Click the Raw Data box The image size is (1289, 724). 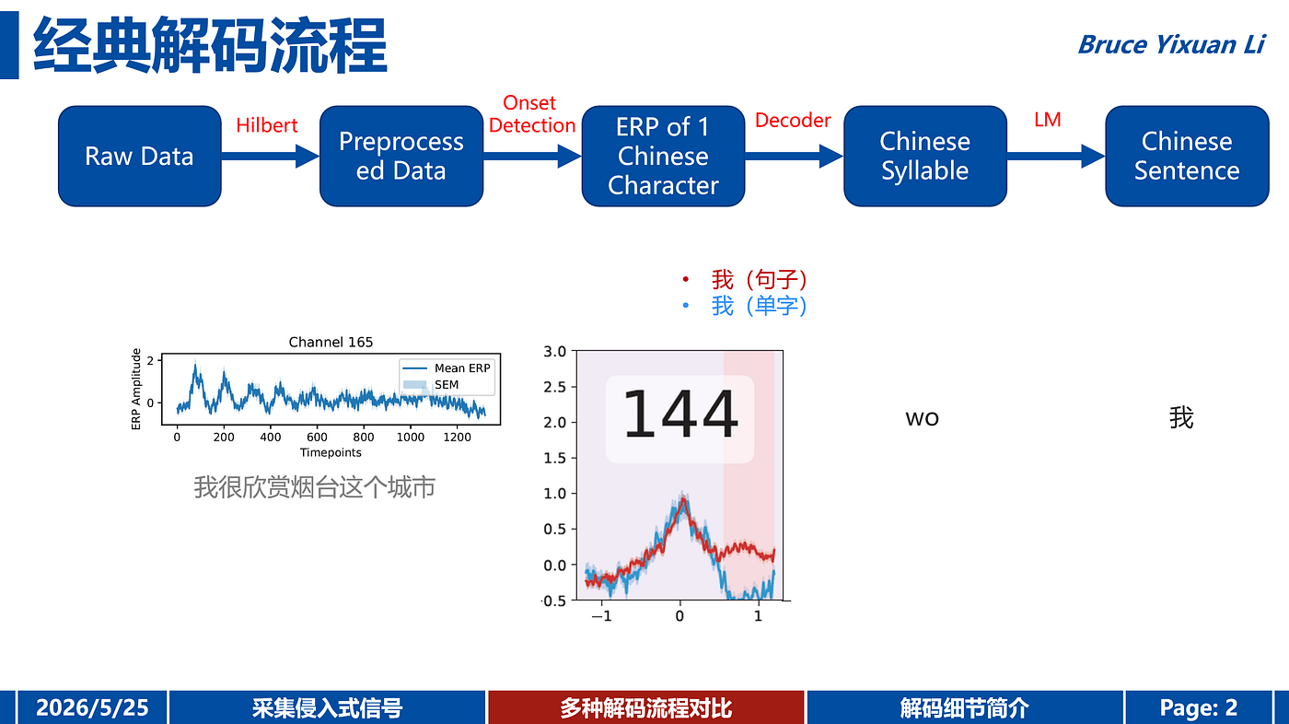[x=139, y=156]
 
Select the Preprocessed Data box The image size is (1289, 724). [x=401, y=156]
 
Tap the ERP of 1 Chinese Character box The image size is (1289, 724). [x=663, y=156]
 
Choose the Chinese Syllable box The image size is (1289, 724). [x=924, y=156]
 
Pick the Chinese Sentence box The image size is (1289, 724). [x=1187, y=156]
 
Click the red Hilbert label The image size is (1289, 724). [x=266, y=125]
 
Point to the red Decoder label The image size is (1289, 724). [x=793, y=121]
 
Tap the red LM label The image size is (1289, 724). [x=1048, y=120]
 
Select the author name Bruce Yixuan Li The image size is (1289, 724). [x=1171, y=45]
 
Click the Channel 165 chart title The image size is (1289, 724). [x=331, y=343]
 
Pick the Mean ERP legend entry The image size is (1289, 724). [x=447, y=368]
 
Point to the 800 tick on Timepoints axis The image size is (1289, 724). [x=364, y=438]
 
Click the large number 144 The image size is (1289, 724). [x=679, y=414]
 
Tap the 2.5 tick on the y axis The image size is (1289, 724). [x=554, y=387]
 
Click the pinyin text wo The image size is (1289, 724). [x=922, y=418]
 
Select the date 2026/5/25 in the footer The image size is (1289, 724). [x=92, y=707]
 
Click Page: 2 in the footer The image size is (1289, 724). [x=1198, y=707]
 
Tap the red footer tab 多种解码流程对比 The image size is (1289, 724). [x=645, y=707]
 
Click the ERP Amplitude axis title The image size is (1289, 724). [x=136, y=389]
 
